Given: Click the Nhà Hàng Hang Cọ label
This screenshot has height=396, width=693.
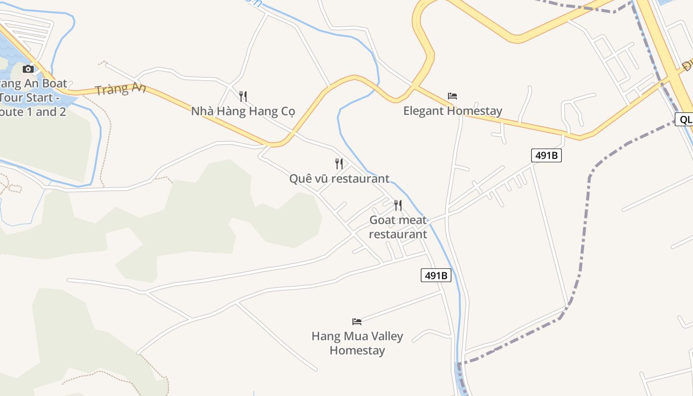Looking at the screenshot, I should tap(243, 111).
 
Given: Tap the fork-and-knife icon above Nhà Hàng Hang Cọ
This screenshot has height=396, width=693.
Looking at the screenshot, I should tap(243, 96).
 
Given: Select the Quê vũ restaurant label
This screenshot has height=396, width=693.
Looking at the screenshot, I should tap(339, 178).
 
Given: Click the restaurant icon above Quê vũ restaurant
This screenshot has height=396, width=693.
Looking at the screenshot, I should tap(339, 163).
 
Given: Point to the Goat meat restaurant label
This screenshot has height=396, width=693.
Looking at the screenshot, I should tap(398, 227).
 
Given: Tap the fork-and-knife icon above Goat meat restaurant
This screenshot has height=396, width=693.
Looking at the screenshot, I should tap(398, 205).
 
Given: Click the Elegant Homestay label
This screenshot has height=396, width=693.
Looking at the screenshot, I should tap(452, 111).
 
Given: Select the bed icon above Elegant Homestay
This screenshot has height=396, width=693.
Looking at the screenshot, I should tap(452, 96).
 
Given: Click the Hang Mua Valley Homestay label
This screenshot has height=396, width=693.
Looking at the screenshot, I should tap(357, 343).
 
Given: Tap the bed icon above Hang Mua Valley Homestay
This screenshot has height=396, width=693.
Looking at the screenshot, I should tap(357, 321).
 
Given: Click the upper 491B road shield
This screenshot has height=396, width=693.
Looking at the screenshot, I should tap(546, 155).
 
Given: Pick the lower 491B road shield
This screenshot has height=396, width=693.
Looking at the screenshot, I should tap(436, 276).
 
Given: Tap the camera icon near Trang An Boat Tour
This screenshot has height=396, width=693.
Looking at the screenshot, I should tap(28, 69).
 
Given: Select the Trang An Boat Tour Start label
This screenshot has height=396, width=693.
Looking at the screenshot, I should tap(33, 98).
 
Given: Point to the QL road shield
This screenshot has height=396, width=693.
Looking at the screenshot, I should tap(685, 119).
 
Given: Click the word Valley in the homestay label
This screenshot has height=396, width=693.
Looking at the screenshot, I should tap(384, 336).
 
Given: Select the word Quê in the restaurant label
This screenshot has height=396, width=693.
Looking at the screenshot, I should tap(300, 178).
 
